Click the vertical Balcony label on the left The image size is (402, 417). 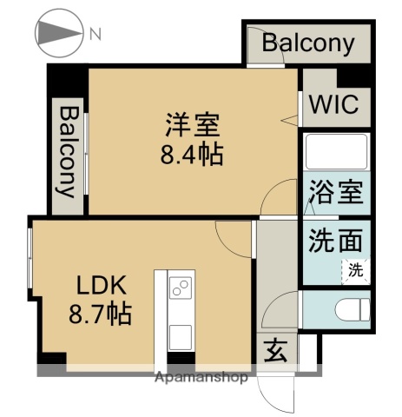(68, 149)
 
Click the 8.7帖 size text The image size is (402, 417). (100, 314)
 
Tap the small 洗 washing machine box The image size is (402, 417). (356, 269)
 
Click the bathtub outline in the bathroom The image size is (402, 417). (337, 155)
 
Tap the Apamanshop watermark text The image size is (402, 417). (201, 378)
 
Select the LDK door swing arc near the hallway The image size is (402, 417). (233, 233)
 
